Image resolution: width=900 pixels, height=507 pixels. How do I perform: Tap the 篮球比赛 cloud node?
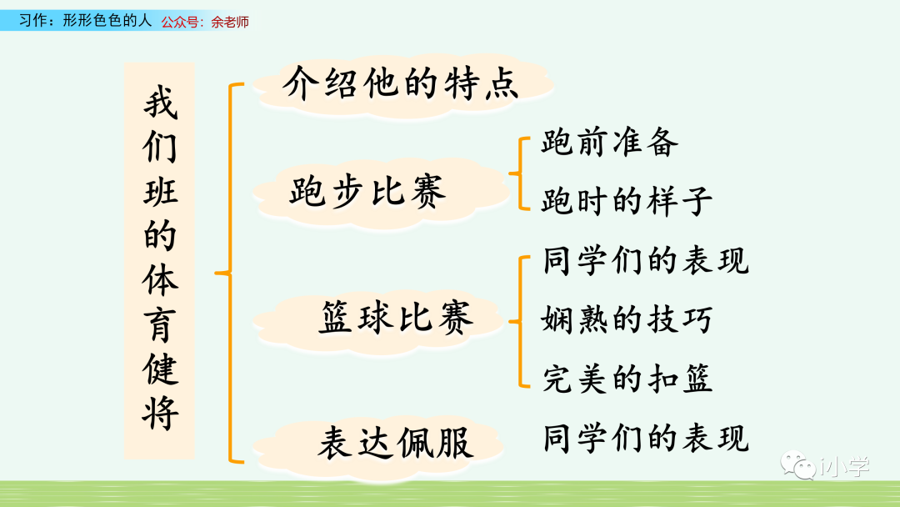tap(395, 317)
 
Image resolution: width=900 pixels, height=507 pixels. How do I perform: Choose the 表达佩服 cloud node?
tap(395, 443)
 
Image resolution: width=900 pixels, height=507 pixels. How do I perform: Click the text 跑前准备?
tap(609, 143)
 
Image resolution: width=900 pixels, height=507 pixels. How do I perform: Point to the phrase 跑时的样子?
tap(627, 201)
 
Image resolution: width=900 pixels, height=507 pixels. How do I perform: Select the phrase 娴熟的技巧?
tap(627, 319)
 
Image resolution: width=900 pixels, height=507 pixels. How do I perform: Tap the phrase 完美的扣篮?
tap(627, 378)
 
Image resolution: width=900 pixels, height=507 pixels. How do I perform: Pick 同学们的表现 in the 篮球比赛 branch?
tap(646, 259)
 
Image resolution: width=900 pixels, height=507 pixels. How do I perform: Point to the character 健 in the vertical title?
tap(159, 369)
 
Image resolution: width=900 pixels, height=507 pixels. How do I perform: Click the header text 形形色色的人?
tap(107, 21)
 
